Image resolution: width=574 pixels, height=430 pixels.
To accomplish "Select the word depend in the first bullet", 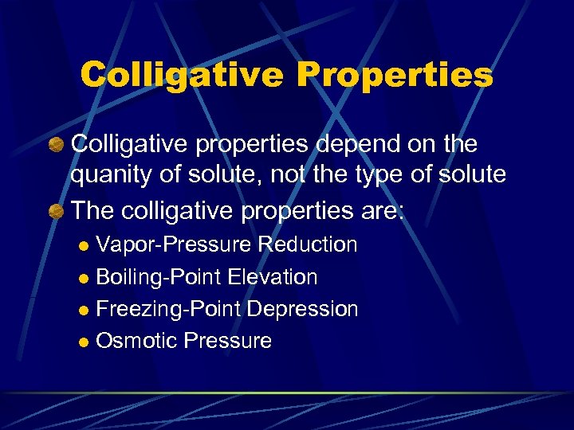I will pos(342,144).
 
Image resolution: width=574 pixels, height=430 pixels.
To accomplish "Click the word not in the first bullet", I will pos(289,174).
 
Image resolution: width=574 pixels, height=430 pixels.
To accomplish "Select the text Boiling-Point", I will pos(159,277).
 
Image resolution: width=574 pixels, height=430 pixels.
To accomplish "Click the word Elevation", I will pos(273,277).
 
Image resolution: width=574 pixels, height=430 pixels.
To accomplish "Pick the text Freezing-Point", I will pos(167,309).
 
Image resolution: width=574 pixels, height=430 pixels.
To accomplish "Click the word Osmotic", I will pos(136,341).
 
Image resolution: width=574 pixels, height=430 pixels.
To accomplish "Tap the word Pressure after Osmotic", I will pos(227,341).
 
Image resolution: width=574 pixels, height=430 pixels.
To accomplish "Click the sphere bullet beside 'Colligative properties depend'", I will pos(56,145).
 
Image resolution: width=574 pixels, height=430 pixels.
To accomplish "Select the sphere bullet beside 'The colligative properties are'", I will pos(56,211).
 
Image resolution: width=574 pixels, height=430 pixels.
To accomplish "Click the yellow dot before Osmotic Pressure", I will pos(86,342).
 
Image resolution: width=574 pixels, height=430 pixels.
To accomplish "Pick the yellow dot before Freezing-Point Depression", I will pos(86,310).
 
